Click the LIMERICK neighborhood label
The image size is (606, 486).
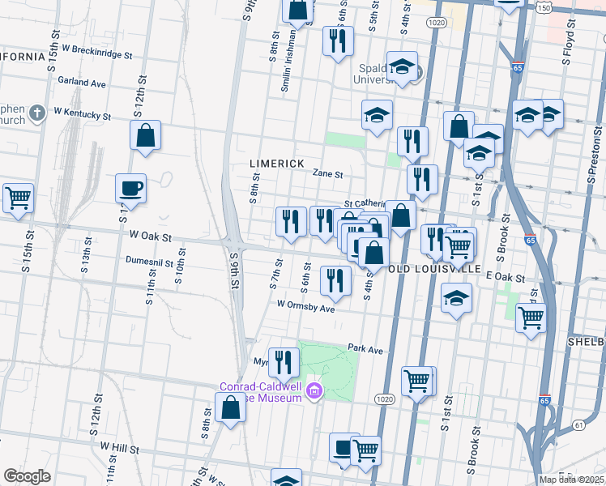(x=276, y=164)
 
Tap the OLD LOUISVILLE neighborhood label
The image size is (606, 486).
(x=436, y=268)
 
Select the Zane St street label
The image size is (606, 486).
(x=328, y=174)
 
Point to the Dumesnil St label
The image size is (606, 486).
(x=156, y=261)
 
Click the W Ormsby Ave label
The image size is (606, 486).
(x=305, y=307)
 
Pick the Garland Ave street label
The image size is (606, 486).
(x=82, y=83)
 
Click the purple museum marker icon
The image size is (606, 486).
(x=315, y=394)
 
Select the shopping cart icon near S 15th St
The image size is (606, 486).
(x=18, y=197)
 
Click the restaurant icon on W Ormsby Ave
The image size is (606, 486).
(x=335, y=280)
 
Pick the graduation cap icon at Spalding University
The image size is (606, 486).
(x=402, y=67)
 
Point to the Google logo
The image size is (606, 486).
(x=27, y=475)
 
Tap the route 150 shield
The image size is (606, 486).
(x=544, y=7)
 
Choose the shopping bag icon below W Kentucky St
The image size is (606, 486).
(x=145, y=136)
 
